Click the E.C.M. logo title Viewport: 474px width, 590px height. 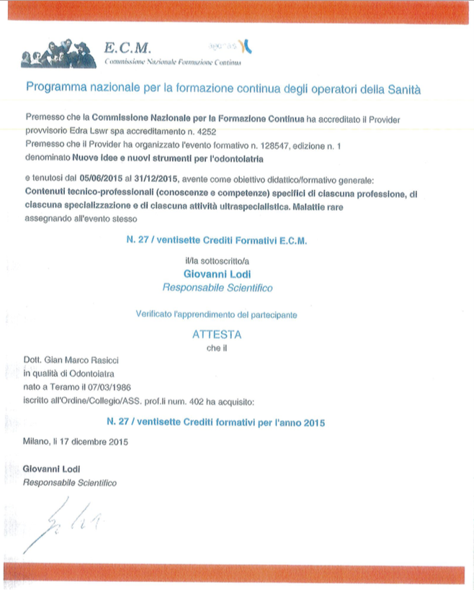(x=128, y=49)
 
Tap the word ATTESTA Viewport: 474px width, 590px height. (x=217, y=335)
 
